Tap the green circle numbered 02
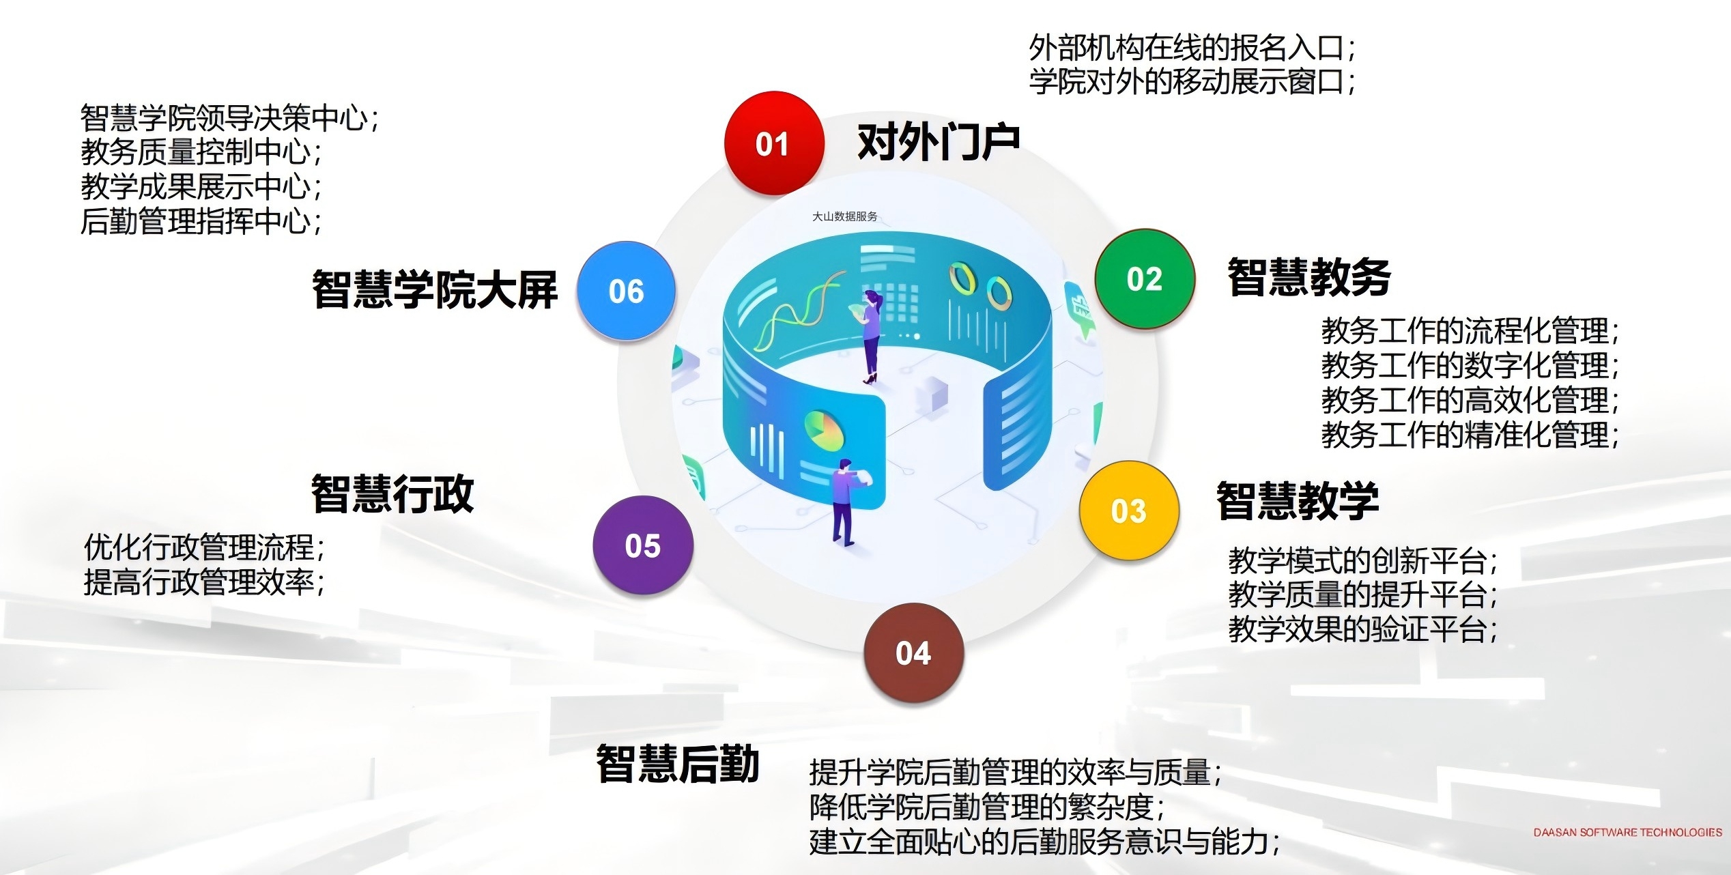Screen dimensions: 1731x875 coord(1145,278)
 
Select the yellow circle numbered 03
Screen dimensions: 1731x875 coord(1129,511)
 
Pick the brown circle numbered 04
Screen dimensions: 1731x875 coord(913,653)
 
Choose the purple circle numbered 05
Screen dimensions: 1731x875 coord(643,545)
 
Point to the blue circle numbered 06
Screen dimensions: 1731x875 coord(626,291)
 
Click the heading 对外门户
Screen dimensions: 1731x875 coord(938,142)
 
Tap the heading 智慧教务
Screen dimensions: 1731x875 coord(1309,277)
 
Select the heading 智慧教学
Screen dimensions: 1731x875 coord(1298,500)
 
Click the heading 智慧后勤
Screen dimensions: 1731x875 coord(678,763)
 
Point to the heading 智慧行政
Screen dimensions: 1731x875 coord(392,493)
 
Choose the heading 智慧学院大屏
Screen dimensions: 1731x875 coord(435,289)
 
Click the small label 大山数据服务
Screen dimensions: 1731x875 coord(844,216)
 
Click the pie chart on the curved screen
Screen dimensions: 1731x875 coord(824,430)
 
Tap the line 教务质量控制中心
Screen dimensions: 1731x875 coord(201,152)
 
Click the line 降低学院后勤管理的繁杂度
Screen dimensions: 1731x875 coord(987,807)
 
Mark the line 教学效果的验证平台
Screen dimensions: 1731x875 coord(1363,629)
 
